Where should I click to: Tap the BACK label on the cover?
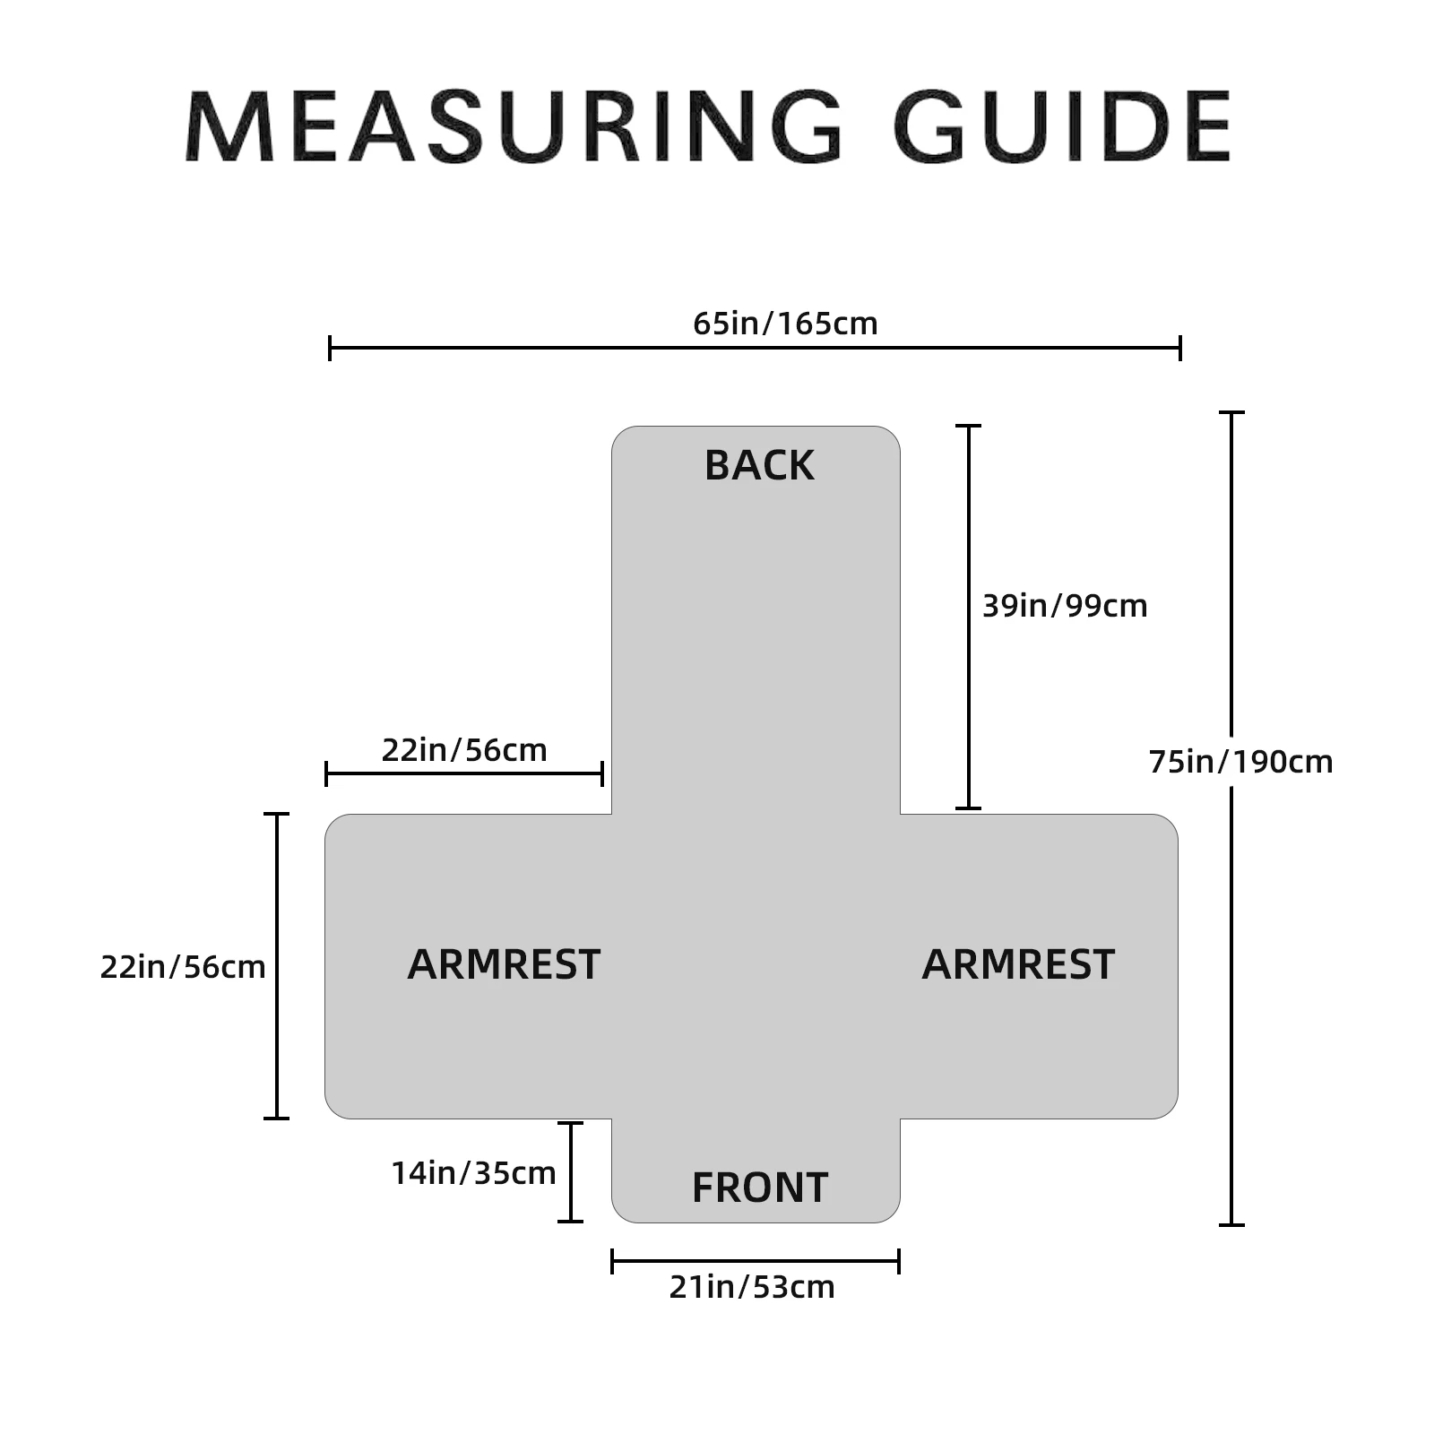point(759,466)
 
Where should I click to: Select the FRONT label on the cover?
point(760,1188)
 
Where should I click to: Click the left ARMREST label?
point(504,965)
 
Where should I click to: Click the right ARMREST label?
point(1018,965)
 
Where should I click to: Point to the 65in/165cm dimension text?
point(785,324)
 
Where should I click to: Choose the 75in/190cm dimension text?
point(1240,762)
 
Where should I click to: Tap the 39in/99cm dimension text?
point(1065,606)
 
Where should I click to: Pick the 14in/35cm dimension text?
point(473,1173)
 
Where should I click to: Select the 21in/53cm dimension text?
point(752,1287)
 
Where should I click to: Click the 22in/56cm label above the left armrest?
point(464,750)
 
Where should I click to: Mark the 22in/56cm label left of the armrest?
point(183,967)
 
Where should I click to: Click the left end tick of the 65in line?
point(330,348)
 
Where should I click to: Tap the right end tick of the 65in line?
point(1179,348)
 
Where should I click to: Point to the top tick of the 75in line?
point(1231,412)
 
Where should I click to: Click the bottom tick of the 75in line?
point(1231,1224)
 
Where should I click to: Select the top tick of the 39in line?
point(968,426)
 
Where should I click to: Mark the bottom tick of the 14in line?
point(570,1221)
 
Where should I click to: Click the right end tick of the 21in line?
point(898,1262)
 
